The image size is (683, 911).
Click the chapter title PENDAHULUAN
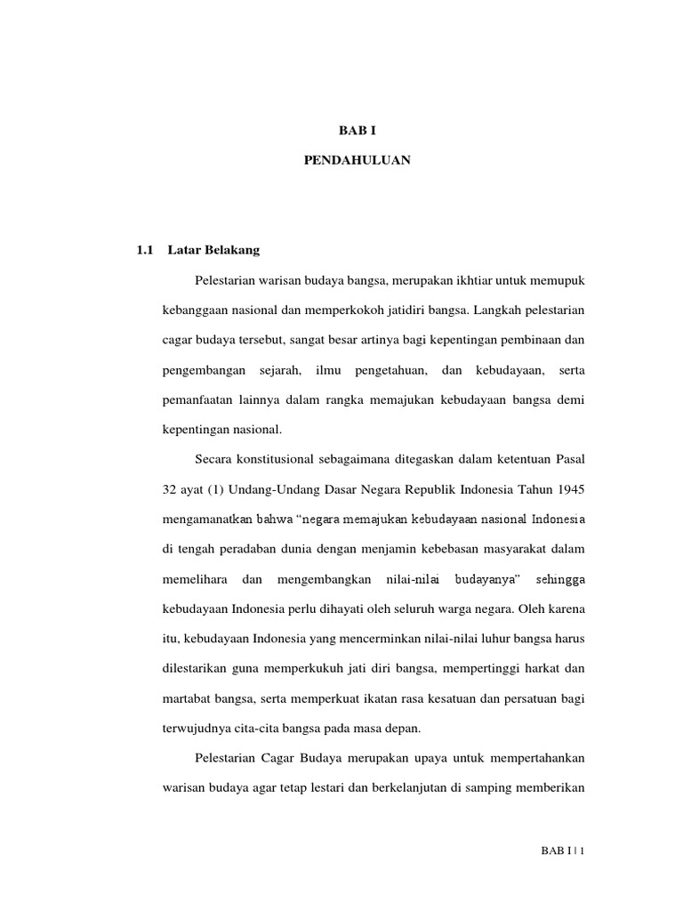click(x=351, y=161)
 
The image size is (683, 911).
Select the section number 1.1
click(x=146, y=250)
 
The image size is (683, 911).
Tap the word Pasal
click(x=567, y=460)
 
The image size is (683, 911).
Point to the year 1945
click(x=570, y=489)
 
